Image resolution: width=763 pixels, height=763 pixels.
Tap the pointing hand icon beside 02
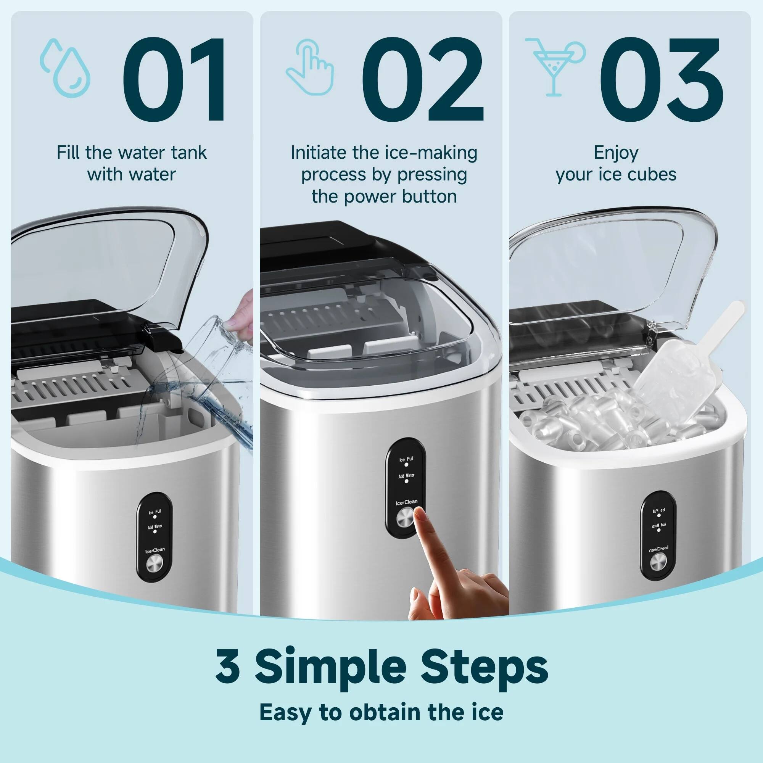[x=310, y=67]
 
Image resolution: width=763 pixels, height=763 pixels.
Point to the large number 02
[x=423, y=80]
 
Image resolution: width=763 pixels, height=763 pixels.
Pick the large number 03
[x=662, y=80]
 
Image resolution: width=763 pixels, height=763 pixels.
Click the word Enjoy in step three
[x=616, y=153]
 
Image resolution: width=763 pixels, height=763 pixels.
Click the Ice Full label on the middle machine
[x=406, y=459]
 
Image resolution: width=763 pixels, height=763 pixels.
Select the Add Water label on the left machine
[x=155, y=526]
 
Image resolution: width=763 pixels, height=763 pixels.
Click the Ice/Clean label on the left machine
[x=155, y=550]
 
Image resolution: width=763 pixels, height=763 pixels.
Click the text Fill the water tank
[x=132, y=153]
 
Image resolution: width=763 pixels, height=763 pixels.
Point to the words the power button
[x=384, y=196]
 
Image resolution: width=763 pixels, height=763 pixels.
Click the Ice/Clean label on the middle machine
[x=406, y=502]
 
